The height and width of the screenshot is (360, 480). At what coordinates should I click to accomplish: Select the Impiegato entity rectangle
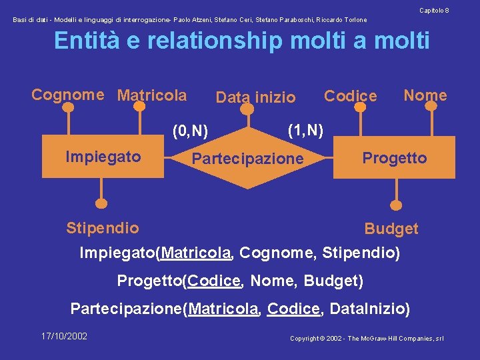pos(103,157)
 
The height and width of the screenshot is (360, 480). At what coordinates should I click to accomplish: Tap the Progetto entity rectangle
pos(394,158)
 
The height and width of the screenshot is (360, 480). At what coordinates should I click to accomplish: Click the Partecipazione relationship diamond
pos(247,159)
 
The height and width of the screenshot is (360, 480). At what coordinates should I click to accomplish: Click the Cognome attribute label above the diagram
pos(68,95)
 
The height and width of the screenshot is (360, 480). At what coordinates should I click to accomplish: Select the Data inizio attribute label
pos(255,97)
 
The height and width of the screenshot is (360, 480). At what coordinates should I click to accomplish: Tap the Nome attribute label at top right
pos(425,95)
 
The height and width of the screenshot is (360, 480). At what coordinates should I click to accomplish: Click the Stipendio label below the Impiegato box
pos(103,228)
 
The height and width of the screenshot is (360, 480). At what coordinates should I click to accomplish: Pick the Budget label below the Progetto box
pos(391,229)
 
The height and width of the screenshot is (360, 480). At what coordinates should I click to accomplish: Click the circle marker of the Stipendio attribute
pos(101,203)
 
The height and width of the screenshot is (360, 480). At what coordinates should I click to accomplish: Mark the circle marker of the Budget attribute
pos(397,205)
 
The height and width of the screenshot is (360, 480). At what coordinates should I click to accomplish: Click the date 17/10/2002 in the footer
pos(64,336)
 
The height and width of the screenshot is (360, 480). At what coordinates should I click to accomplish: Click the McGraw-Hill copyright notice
pos(367,339)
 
